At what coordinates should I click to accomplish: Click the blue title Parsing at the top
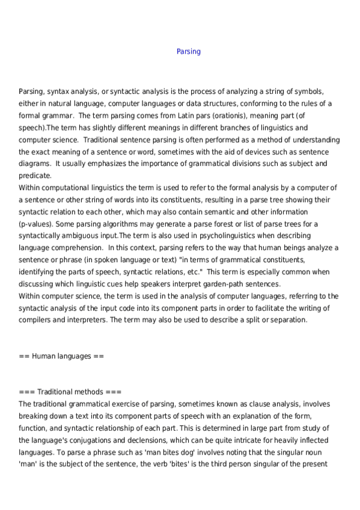[x=188, y=52]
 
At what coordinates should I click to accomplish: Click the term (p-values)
[x=37, y=224]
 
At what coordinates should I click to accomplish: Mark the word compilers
[x=35, y=320]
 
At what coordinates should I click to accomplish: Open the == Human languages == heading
[x=61, y=356]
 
